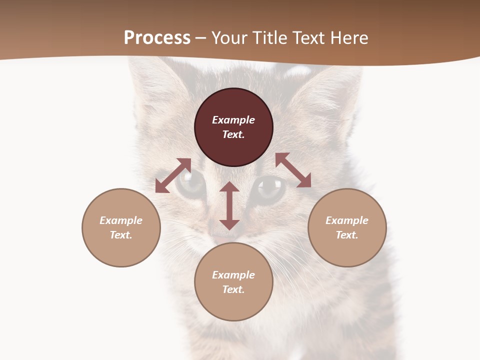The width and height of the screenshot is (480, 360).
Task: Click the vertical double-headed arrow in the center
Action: [x=229, y=206]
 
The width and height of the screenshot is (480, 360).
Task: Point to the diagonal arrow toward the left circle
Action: [x=173, y=175]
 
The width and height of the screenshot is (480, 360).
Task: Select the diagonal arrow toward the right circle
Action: [x=293, y=170]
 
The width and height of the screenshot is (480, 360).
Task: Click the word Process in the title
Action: [x=157, y=38]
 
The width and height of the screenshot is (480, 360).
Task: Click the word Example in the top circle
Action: [x=233, y=120]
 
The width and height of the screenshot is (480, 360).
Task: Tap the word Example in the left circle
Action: [x=121, y=220]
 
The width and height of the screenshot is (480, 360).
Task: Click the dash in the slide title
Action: [x=201, y=38]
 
